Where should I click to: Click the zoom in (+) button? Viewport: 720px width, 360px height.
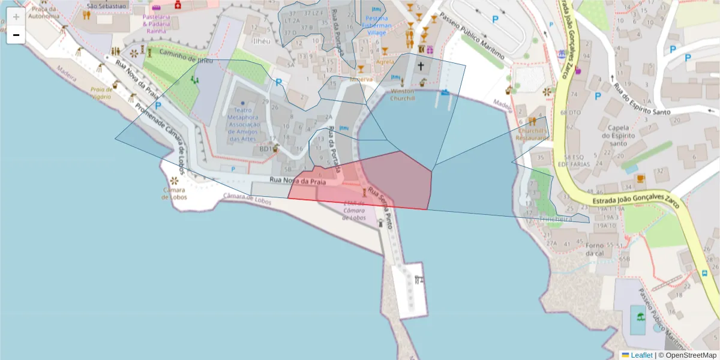[16, 17]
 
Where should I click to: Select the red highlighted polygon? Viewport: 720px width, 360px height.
[384, 180]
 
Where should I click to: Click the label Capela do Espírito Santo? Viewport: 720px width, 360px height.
[618, 136]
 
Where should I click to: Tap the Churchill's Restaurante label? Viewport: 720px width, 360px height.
[533, 134]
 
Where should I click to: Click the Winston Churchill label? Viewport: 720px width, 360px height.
[403, 95]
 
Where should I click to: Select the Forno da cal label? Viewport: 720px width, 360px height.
[595, 249]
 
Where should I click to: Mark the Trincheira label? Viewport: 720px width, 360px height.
[557, 220]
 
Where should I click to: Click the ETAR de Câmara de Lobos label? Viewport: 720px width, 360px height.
[354, 210]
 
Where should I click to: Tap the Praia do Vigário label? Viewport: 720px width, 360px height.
[101, 92]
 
